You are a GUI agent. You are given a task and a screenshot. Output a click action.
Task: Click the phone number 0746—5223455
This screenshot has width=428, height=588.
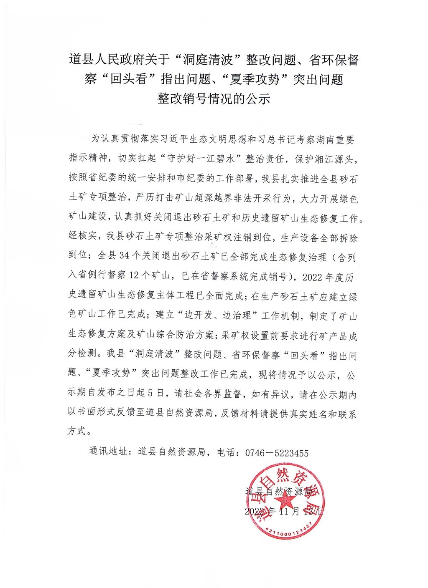(276, 453)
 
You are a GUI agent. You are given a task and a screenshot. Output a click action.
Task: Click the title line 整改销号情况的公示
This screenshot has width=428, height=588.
(214, 98)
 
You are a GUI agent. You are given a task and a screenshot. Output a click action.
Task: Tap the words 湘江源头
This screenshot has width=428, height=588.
(335, 159)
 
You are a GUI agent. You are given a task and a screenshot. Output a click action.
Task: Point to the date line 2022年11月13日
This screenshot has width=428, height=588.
(284, 511)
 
